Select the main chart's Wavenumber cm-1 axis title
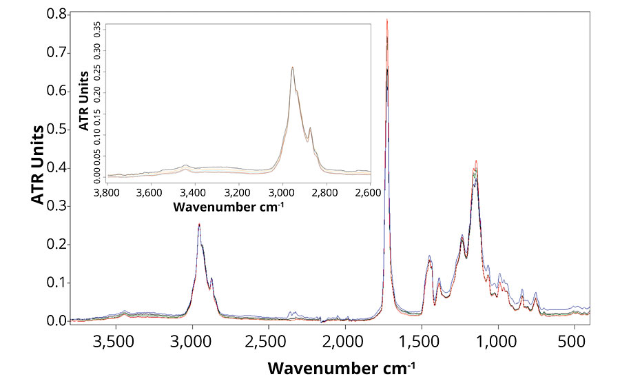coord(342,367)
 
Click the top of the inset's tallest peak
coord(292,67)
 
